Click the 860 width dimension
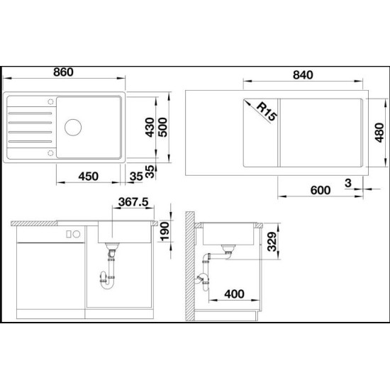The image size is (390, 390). (63, 72)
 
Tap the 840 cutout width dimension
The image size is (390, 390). (303, 75)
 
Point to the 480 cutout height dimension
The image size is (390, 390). (379, 133)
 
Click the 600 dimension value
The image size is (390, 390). (321, 190)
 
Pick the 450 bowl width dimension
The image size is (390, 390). (89, 177)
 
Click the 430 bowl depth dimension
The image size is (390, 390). (150, 128)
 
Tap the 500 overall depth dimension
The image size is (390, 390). (162, 128)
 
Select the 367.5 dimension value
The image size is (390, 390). (133, 201)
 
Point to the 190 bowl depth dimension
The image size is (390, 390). (165, 232)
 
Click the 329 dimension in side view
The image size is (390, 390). (272, 242)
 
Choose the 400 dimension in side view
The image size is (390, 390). (234, 294)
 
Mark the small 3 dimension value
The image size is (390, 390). (348, 183)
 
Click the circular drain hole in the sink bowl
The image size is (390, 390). (73, 128)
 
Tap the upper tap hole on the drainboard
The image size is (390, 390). (50, 101)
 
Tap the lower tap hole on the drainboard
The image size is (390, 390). (50, 152)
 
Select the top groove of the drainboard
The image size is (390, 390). (30, 113)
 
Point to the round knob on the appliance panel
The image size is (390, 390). (77, 234)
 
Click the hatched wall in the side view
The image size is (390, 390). (190, 266)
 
